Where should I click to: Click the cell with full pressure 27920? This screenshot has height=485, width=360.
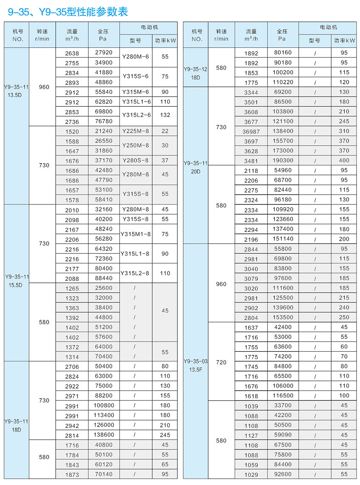pos(104,53)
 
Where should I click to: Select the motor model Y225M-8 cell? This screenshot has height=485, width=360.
pos(136,131)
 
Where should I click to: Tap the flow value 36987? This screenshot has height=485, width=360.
pos(251,131)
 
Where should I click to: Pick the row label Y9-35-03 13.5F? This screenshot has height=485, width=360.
pos(196,365)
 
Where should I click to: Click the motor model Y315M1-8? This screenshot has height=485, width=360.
pos(136,234)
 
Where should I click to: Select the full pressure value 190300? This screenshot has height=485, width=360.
pos(283,161)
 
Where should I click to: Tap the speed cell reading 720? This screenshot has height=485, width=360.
pos(221,362)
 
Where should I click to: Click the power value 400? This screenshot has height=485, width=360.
pos(344,161)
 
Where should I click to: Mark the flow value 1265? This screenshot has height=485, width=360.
pos(72,288)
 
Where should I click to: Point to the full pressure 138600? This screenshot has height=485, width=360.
pos(104,435)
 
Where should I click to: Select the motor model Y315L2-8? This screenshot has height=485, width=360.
pos(136,274)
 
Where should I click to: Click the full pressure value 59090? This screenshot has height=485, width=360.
pos(283,435)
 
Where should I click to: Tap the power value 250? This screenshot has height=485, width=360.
pos(344,317)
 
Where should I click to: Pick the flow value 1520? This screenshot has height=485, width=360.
pos(72,131)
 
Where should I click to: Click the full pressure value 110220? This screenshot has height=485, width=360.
pos(283,82)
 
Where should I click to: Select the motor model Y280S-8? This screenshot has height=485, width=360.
pos(136,161)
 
